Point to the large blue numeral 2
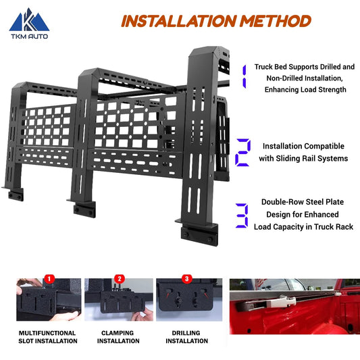coord(242,152)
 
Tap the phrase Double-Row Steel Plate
coord(303,202)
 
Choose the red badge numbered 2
coord(120,278)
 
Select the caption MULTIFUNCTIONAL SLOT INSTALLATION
coord(47,336)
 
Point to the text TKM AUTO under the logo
coord(24,38)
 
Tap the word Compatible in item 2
coord(322,146)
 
